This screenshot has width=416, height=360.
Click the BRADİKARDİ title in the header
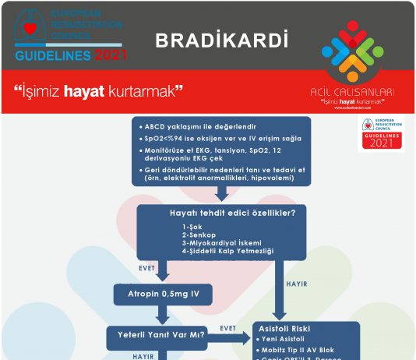tap(220, 41)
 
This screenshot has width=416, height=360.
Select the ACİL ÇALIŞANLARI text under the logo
tap(352, 92)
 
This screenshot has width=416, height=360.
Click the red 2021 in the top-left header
tap(112, 56)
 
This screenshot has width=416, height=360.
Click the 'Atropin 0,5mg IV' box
tap(164, 295)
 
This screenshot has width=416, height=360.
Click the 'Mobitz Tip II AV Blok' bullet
tap(308, 350)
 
